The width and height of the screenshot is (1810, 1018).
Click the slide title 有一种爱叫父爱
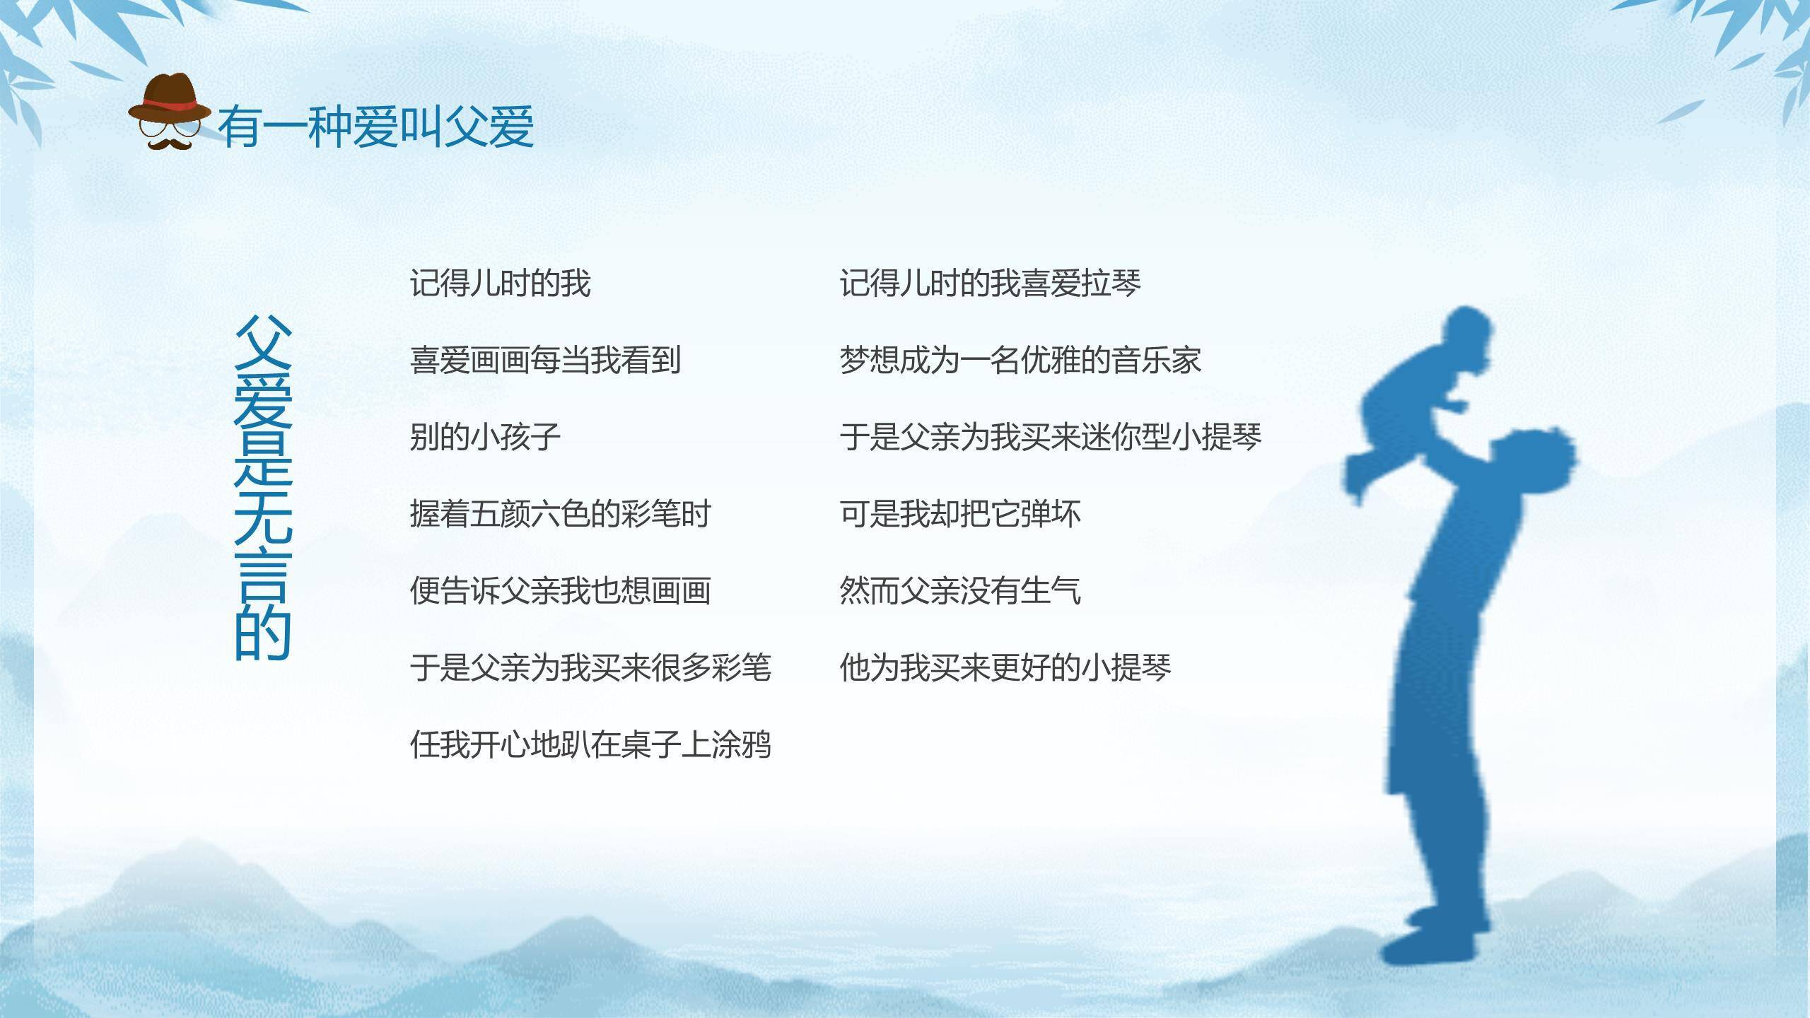click(x=375, y=128)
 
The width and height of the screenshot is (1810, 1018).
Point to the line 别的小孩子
click(x=485, y=438)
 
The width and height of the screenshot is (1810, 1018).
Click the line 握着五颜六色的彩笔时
click(x=560, y=514)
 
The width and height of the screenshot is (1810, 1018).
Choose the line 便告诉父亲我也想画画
click(x=560, y=591)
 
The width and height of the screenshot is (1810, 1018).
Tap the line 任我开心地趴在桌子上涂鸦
click(x=590, y=744)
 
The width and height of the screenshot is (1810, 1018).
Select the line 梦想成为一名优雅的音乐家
click(x=1020, y=361)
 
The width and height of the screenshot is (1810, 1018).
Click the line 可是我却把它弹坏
click(x=959, y=514)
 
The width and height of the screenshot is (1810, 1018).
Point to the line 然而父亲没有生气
click(x=959, y=591)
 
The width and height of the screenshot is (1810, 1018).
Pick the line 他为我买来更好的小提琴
click(x=1005, y=667)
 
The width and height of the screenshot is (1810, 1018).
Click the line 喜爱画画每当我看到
click(x=545, y=361)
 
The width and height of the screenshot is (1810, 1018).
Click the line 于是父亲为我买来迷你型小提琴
click(x=1050, y=438)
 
